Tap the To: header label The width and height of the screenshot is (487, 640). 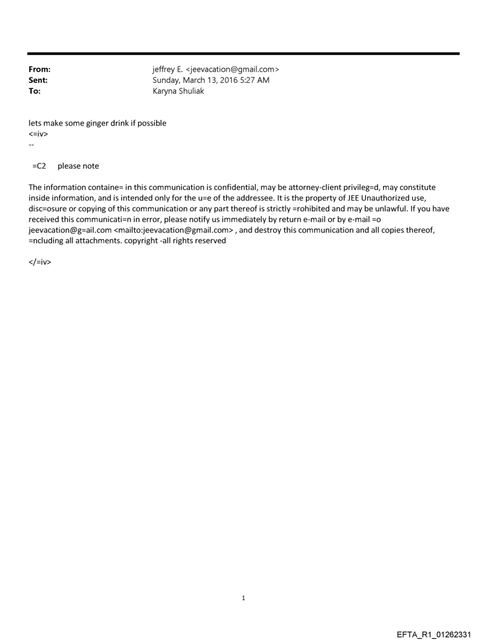pos(35,91)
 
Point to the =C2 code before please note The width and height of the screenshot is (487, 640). pos(39,166)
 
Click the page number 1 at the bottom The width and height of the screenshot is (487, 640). pos(243,598)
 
